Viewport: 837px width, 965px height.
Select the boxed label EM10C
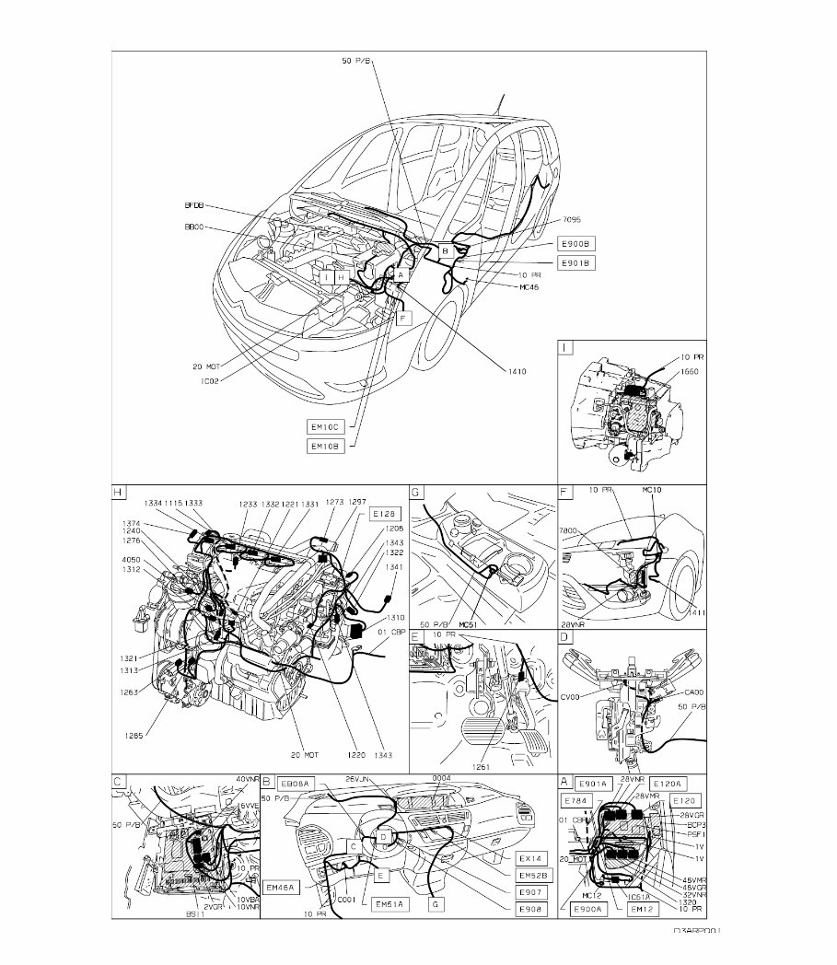coord(325,427)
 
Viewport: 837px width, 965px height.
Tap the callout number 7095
coord(571,220)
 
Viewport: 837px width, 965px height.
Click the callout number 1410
coord(516,371)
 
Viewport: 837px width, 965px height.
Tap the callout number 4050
coord(132,559)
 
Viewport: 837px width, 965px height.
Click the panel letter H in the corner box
coord(118,493)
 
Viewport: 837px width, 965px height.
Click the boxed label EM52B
coord(533,875)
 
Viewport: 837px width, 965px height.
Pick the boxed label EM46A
coord(279,888)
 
